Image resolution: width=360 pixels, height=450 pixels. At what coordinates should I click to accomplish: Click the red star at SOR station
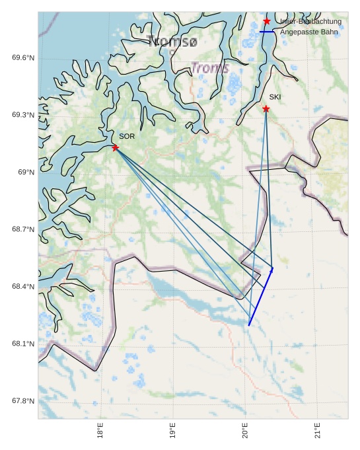(115, 147)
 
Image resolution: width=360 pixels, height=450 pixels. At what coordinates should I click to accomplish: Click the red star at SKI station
(266, 108)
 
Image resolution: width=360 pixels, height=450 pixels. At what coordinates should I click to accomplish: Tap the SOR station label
(127, 136)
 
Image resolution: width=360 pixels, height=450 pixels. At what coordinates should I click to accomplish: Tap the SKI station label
(275, 97)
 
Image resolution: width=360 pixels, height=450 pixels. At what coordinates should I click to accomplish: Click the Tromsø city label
(174, 42)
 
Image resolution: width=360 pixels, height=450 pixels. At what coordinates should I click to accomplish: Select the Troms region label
(210, 67)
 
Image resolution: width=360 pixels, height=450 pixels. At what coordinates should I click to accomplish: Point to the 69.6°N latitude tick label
(23, 57)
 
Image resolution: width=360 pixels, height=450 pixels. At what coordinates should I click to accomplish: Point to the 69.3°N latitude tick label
(23, 115)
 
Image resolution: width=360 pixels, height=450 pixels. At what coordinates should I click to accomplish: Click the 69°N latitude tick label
(26, 172)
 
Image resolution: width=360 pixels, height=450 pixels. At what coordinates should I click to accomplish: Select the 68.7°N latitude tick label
(23, 229)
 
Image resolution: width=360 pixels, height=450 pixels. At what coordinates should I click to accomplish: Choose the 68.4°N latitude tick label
(23, 286)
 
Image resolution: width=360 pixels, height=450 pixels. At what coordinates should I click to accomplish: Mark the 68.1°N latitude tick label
(23, 344)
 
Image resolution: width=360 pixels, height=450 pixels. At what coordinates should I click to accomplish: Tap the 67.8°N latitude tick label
(23, 401)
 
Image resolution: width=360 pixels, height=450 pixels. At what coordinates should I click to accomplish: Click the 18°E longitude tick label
(100, 430)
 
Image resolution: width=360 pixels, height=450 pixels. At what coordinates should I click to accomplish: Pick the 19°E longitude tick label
(173, 430)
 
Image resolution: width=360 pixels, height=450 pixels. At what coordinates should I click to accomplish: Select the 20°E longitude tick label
(245, 430)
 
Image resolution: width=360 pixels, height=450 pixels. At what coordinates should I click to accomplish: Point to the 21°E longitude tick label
(318, 430)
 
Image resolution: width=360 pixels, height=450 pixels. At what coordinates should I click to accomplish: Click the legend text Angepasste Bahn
(308, 32)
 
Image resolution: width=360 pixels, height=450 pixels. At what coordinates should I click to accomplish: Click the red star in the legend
(267, 21)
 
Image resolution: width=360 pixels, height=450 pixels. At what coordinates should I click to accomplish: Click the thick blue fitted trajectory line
(260, 297)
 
